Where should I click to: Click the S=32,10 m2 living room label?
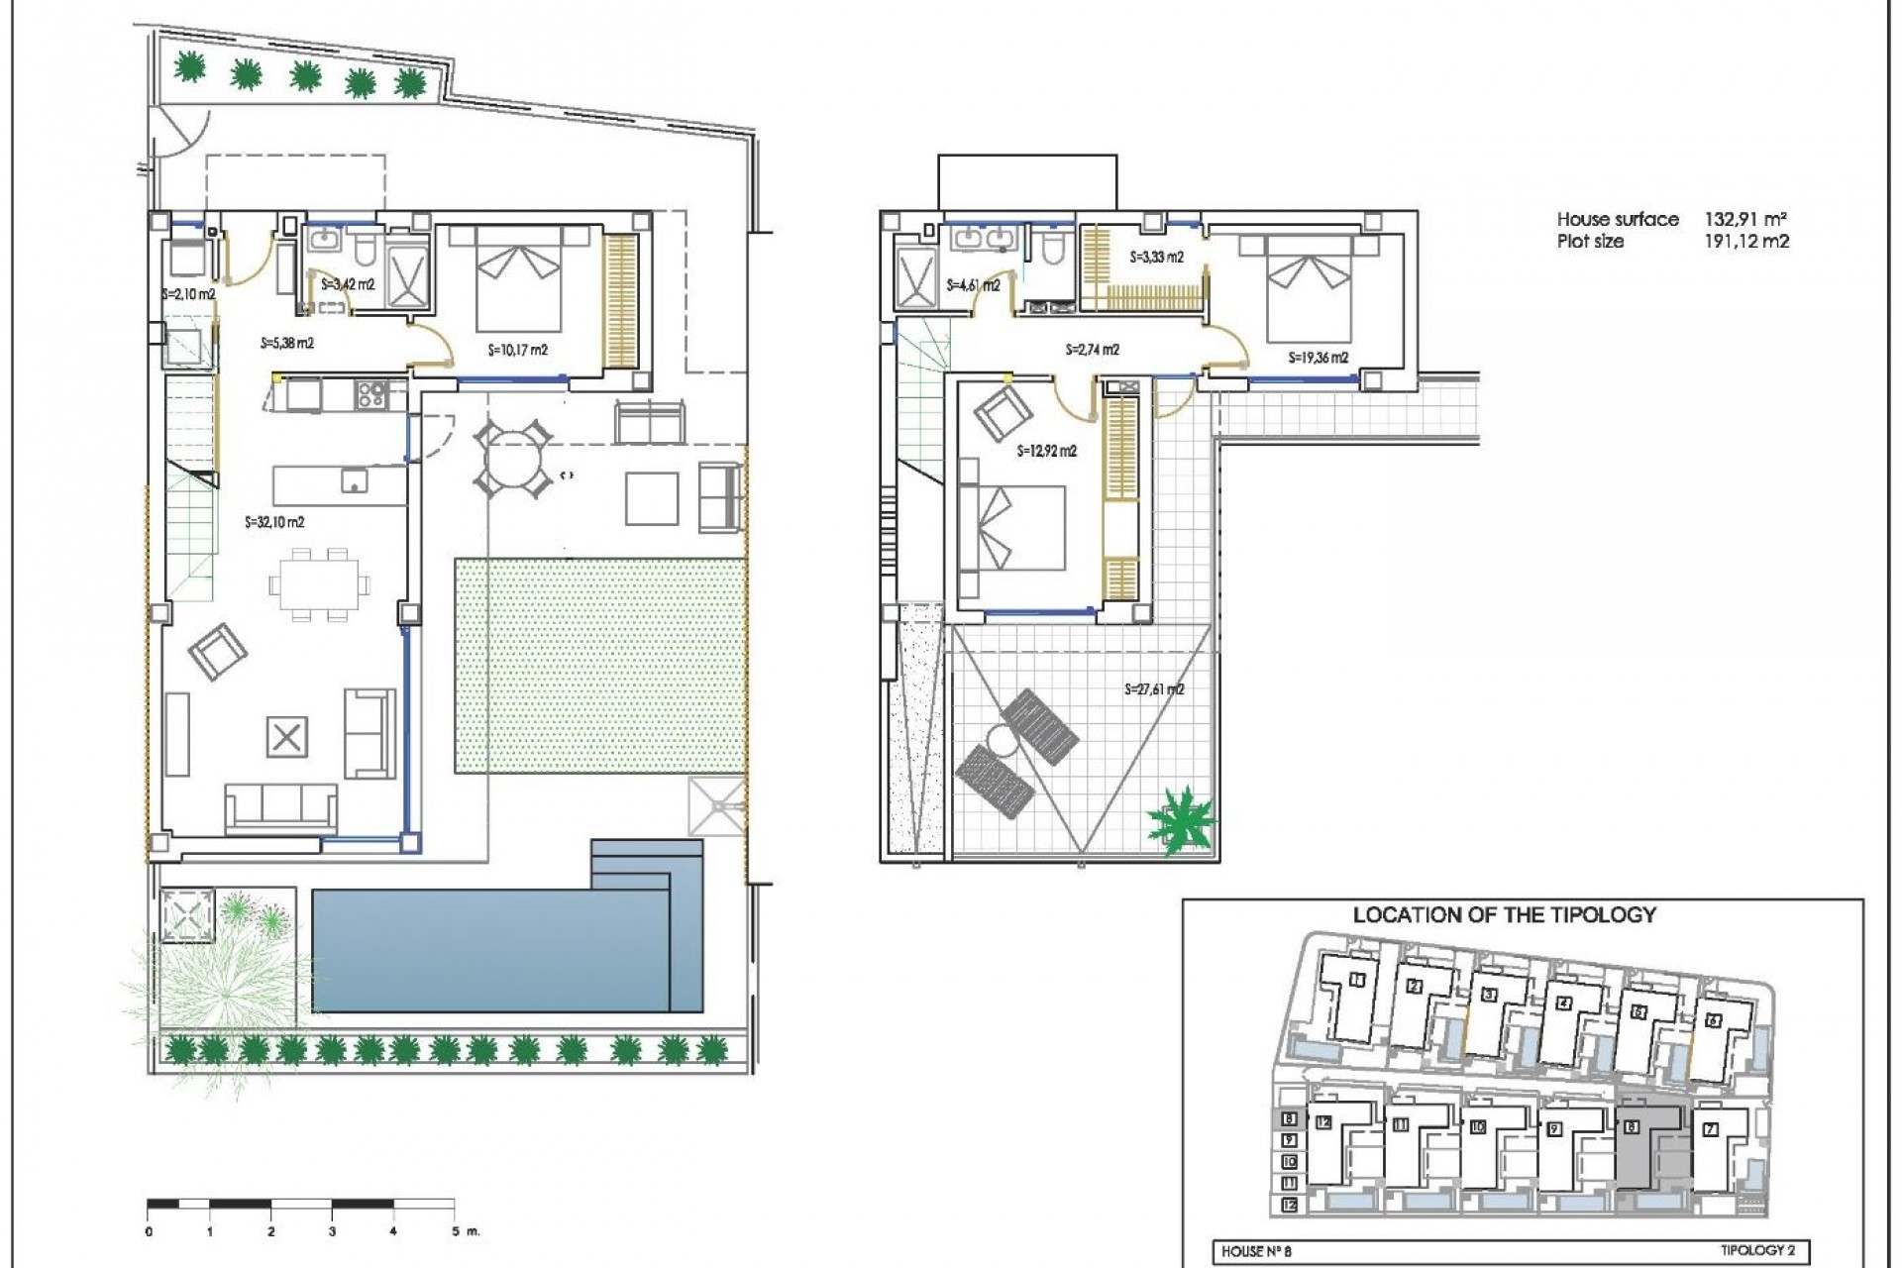pyautogui.click(x=274, y=522)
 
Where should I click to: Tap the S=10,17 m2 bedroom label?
pyautogui.click(x=517, y=350)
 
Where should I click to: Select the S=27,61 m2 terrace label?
pyautogui.click(x=1154, y=689)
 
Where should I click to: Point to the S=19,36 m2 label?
pyautogui.click(x=1318, y=359)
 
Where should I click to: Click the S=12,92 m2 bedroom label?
pyautogui.click(x=1047, y=451)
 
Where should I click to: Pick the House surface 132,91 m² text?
pyautogui.click(x=1671, y=219)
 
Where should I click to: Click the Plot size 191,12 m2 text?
pyautogui.click(x=1671, y=241)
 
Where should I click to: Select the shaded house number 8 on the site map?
pyautogui.click(x=1631, y=1126)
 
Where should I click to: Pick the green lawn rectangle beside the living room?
pyautogui.click(x=599, y=666)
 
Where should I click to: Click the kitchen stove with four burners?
pyautogui.click(x=372, y=395)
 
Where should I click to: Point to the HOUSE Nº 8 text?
pyautogui.click(x=1256, y=1251)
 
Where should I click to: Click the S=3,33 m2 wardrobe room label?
pyautogui.click(x=1156, y=257)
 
